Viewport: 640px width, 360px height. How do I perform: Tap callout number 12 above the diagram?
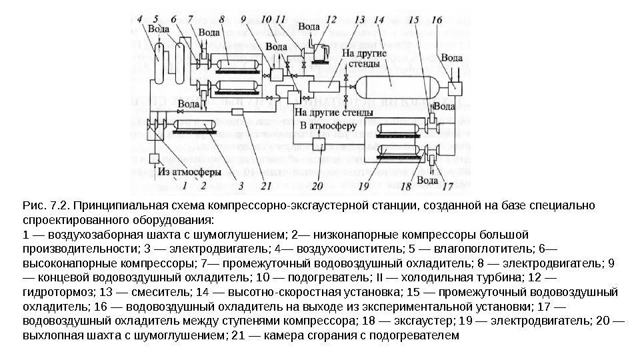331,20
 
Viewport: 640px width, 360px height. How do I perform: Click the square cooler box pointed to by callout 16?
455,87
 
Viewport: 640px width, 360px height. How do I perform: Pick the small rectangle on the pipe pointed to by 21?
238,113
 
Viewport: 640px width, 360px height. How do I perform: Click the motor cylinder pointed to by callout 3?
195,125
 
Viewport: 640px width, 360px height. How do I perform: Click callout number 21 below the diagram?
267,185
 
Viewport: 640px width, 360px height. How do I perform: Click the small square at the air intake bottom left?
154,158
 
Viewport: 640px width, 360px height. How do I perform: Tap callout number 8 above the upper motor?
221,20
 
